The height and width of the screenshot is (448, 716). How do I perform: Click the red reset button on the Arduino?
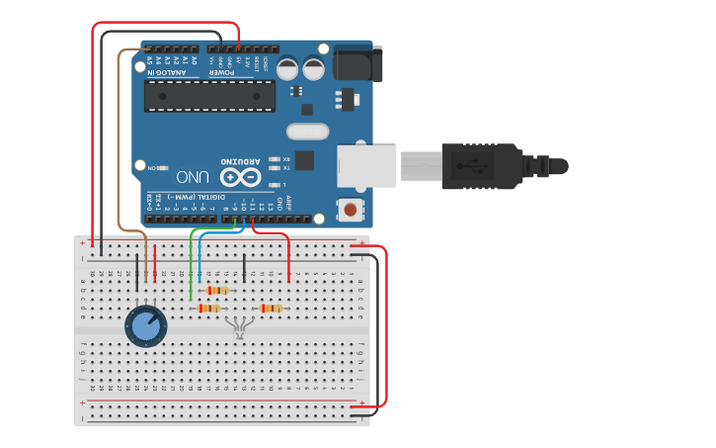tap(349, 210)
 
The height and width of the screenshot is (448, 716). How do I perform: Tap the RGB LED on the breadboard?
tap(239, 326)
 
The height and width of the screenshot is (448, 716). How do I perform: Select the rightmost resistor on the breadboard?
tap(270, 309)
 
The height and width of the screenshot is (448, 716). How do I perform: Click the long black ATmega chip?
tap(209, 95)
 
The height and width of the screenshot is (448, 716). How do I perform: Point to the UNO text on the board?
tap(194, 178)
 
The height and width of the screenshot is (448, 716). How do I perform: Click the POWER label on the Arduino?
tap(223, 72)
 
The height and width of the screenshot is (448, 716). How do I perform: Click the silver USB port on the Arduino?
tap(366, 166)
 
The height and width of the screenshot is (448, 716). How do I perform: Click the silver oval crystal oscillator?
tap(307, 131)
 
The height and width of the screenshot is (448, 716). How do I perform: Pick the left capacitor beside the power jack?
tap(287, 68)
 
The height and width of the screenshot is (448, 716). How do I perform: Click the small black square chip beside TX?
tap(304, 160)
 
